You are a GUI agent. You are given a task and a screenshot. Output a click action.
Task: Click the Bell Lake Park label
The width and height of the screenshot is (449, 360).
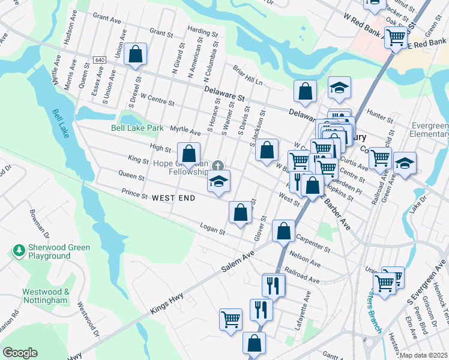click(137, 128)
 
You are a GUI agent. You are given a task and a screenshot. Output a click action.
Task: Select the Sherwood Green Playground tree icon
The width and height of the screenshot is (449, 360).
click(20, 249)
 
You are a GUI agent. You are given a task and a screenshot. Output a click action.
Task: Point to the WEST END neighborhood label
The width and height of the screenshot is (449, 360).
click(173, 197)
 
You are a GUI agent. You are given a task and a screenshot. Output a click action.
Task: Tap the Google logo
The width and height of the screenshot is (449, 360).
click(20, 353)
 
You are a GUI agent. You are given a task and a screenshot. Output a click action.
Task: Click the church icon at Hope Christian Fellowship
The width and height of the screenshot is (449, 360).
click(217, 166)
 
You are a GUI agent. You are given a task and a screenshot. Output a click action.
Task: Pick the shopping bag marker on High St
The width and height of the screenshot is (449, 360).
click(188, 154)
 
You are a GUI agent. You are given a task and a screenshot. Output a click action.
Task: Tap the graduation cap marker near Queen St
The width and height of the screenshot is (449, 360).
click(219, 181)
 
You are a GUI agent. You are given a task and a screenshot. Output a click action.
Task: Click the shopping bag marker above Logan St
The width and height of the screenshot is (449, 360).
click(240, 212)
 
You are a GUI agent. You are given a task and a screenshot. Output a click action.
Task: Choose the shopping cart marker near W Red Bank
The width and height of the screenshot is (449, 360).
click(395, 38)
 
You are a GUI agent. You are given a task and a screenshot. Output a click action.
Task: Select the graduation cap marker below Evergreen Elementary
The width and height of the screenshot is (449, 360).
click(405, 163)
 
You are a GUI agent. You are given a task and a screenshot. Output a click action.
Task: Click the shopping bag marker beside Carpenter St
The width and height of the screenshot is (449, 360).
click(283, 230)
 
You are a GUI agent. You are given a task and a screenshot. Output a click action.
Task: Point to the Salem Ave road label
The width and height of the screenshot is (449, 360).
click(237, 262)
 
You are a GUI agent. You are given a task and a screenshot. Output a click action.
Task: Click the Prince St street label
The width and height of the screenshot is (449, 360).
click(134, 194)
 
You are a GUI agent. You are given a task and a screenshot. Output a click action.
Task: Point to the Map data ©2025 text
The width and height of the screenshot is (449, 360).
click(423, 355)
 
